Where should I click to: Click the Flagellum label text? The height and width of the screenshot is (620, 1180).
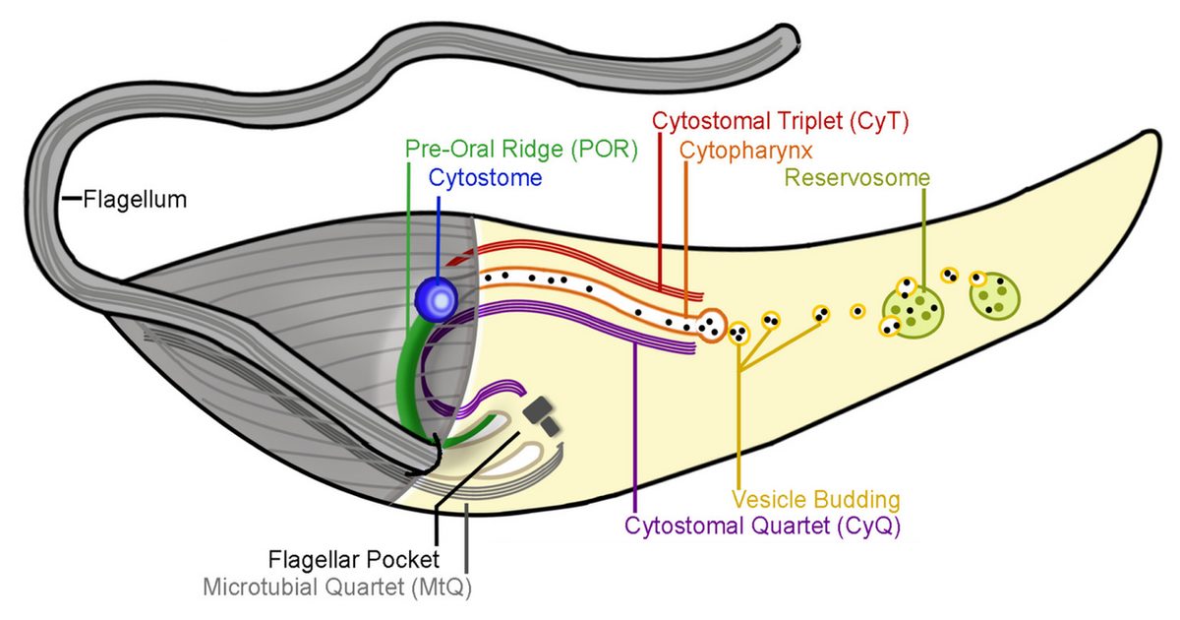click(135, 200)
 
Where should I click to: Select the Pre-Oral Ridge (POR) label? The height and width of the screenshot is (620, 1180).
click(521, 150)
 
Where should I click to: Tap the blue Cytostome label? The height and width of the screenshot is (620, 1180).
click(484, 178)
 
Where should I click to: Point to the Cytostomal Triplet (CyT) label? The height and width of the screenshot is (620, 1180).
click(780, 121)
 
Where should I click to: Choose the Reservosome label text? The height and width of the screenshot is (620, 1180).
click(857, 178)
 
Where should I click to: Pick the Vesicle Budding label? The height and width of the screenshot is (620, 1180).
click(816, 498)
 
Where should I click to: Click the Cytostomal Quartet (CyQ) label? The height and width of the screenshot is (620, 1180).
click(762, 526)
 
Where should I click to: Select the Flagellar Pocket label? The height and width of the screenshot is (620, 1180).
click(353, 561)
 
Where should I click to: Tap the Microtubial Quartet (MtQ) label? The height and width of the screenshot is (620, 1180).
click(343, 589)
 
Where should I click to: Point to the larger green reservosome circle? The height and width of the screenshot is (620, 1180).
click(914, 309)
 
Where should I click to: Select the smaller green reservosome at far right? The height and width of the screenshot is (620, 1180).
click(995, 296)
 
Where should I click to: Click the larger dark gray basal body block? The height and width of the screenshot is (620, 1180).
click(537, 410)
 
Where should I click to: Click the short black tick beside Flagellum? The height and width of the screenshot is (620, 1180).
click(71, 200)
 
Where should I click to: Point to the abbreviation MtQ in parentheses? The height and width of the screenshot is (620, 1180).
click(452, 589)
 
